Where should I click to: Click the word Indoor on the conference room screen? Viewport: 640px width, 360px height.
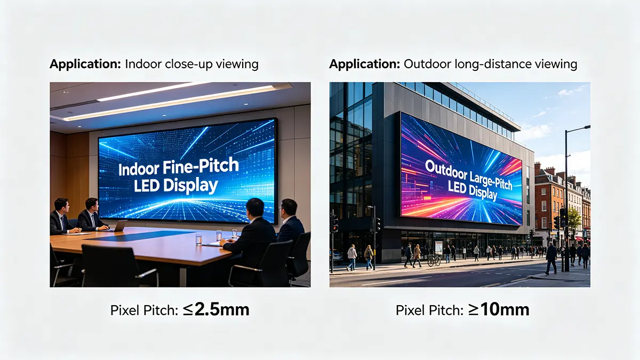tap(139, 170)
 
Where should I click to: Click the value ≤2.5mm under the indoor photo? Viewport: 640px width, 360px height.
tap(216, 310)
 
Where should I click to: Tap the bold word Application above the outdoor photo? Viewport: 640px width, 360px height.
tap(365, 65)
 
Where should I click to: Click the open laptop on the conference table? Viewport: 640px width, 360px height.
tap(119, 226)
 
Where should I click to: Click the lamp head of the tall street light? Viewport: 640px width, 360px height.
tap(586, 127)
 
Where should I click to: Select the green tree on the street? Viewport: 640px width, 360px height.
tap(574, 218)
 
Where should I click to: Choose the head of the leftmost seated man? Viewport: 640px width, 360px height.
tap(62, 205)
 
